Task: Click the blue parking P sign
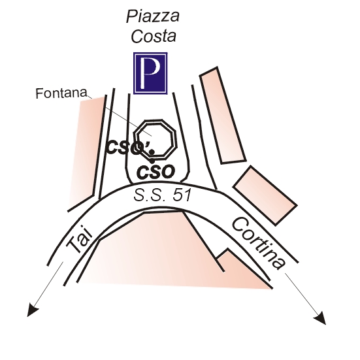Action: (150, 73)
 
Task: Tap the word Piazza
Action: (153, 16)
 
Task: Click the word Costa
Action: (154, 36)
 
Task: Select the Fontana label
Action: (61, 93)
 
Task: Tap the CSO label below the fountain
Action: (155, 172)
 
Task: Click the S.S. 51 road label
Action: (162, 195)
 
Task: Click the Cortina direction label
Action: (259, 243)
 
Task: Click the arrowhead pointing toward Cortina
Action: (320, 318)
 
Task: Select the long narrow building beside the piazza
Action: (223, 116)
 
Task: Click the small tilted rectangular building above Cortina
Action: (265, 195)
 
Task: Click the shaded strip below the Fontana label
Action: (87, 152)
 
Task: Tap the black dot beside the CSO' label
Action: (152, 152)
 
